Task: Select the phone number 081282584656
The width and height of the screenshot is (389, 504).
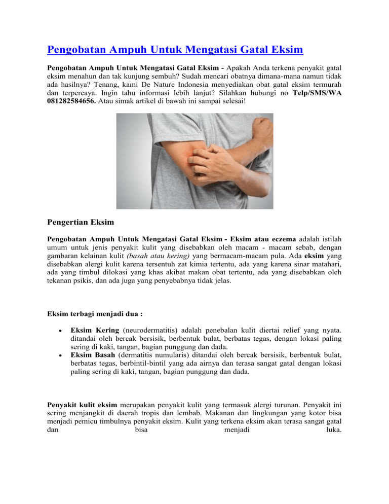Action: coord(71,101)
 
